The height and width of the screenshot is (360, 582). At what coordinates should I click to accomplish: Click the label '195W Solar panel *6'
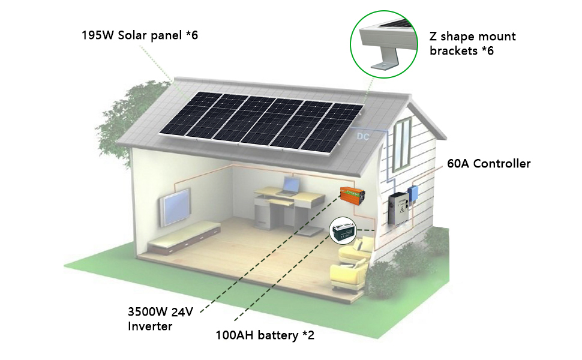[140, 35]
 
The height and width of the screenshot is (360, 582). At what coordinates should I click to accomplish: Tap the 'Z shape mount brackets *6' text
[472, 43]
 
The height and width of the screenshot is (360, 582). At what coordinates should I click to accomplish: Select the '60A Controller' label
[488, 163]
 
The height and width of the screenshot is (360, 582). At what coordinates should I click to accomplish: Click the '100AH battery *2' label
[265, 335]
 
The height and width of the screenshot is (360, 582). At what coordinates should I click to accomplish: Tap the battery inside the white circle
[344, 231]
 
